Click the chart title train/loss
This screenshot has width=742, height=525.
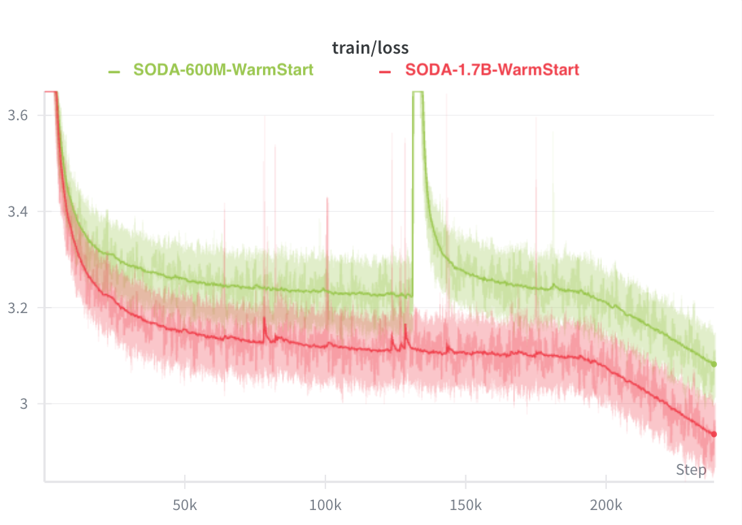click(x=370, y=48)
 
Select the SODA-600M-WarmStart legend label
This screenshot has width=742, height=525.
click(x=223, y=70)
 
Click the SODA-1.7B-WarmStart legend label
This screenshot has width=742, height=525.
click(x=492, y=70)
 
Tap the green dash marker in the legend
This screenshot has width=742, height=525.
click(x=114, y=71)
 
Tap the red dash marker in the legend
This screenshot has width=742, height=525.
click(x=385, y=71)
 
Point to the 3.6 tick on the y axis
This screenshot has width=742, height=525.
click(x=18, y=115)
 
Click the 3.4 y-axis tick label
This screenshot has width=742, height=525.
click(x=18, y=212)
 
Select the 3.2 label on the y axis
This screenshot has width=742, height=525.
click(x=18, y=308)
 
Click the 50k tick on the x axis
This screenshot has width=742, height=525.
click(x=185, y=506)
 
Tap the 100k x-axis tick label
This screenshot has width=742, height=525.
click(x=325, y=506)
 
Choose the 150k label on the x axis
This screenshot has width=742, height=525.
click(x=465, y=506)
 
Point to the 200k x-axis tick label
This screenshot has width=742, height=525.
click(x=606, y=506)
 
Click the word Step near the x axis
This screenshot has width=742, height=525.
click(x=691, y=470)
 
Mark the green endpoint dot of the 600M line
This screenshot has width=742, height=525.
click(x=713, y=364)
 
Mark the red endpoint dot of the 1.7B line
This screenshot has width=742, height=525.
click(x=713, y=434)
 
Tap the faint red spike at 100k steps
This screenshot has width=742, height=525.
click(x=327, y=200)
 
